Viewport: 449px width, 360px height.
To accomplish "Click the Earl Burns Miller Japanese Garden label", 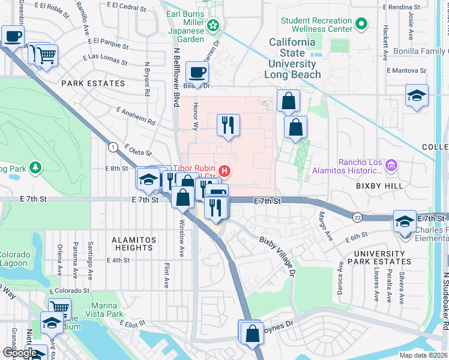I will coord(185,25).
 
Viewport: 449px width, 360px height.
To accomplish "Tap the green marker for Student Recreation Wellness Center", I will coord(361,25).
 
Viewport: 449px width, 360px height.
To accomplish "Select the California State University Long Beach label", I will coord(292,58).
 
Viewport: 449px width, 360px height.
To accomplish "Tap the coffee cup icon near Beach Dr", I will coord(196,73).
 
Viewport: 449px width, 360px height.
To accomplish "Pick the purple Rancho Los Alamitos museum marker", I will coord(392,164).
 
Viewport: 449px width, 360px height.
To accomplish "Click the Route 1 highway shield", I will coord(112,147).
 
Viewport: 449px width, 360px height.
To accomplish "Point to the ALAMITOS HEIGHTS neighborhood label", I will coord(134,244).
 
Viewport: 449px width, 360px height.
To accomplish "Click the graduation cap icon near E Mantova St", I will coord(417,96).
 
